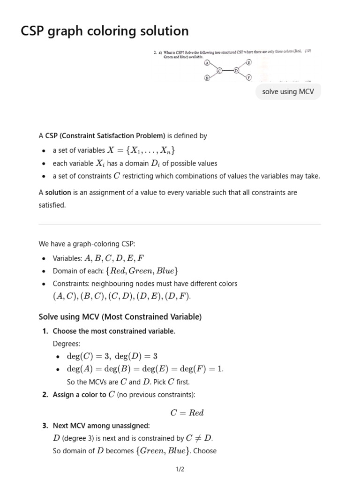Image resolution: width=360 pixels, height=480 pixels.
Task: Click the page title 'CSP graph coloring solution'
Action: coord(105,31)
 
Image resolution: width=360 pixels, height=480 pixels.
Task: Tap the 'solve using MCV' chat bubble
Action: coord(288,92)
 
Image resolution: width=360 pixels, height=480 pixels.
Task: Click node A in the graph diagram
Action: coord(206,64)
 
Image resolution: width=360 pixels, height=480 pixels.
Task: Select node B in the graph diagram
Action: coord(206,78)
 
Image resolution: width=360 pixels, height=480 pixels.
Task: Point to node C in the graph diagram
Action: coord(219,71)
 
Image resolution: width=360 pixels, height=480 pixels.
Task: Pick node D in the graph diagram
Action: coord(236,70)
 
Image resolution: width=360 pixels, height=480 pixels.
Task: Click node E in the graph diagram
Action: coord(249,62)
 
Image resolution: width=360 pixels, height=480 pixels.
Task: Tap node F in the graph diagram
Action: coord(249,77)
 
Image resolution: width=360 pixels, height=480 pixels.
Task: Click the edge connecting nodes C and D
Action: coord(228,71)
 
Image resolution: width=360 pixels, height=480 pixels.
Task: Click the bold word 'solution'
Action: coord(58,193)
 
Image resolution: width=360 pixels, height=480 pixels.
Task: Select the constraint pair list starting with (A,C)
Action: coord(122,297)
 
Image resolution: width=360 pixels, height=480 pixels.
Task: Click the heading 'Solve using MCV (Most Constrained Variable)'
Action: coord(120,317)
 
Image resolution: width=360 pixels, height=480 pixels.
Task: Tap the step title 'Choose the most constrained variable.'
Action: coord(114,331)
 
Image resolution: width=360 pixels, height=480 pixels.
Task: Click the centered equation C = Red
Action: coord(187,413)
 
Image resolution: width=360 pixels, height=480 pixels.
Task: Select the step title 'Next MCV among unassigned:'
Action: coord(101,426)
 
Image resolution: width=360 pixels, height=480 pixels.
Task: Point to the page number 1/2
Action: coord(180,469)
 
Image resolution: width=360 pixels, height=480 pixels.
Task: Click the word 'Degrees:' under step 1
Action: coord(67,344)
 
